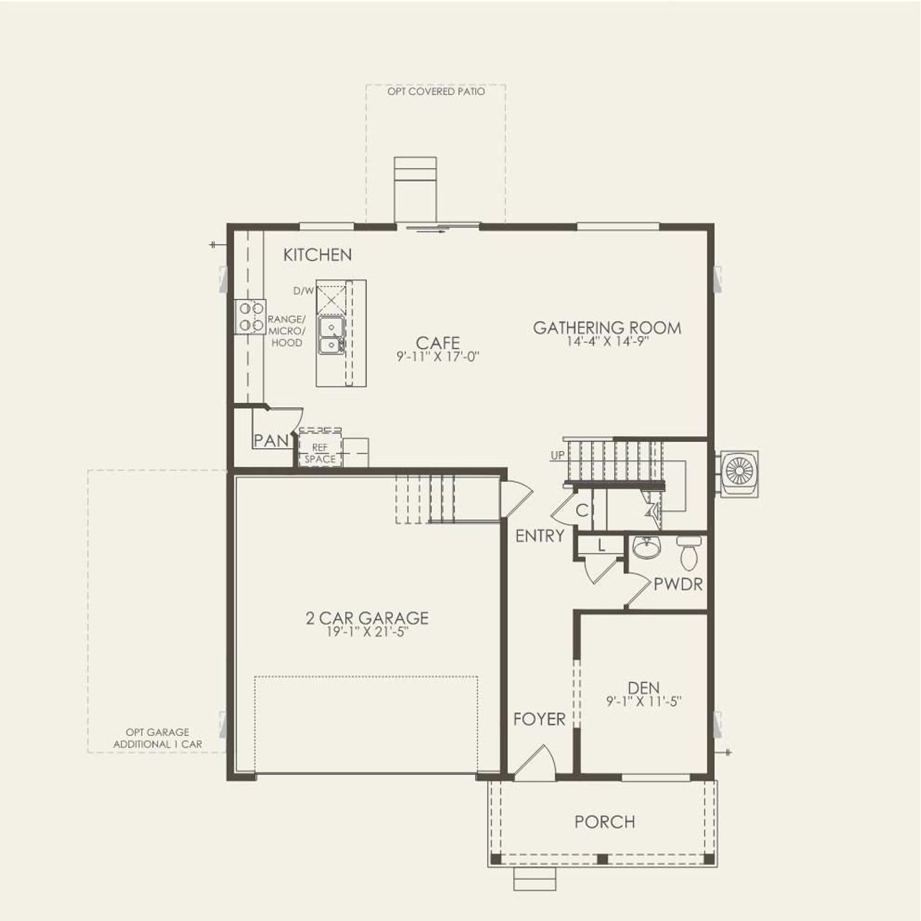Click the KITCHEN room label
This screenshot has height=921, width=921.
click(x=317, y=255)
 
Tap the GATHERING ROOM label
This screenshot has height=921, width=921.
click(x=607, y=328)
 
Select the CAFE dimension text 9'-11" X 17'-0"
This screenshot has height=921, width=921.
click(x=437, y=356)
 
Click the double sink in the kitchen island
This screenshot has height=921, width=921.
click(x=331, y=335)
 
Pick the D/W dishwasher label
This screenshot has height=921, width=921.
click(x=304, y=291)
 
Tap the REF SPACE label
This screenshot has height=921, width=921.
click(x=319, y=453)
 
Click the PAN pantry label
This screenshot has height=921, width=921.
click(x=271, y=440)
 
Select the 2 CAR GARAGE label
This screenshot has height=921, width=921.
click(x=366, y=618)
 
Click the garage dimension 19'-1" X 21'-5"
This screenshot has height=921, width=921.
click(x=366, y=632)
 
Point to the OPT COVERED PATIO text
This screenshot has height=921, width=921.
click(x=436, y=92)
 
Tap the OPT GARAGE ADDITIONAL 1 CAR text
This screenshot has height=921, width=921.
click(x=158, y=738)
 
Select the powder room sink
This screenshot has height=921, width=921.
click(x=646, y=548)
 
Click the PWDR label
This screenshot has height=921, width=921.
click(x=678, y=584)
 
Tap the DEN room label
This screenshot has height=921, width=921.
click(x=643, y=688)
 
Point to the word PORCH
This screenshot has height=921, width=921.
click(x=604, y=822)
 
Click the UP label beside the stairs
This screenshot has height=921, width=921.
click(x=558, y=456)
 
